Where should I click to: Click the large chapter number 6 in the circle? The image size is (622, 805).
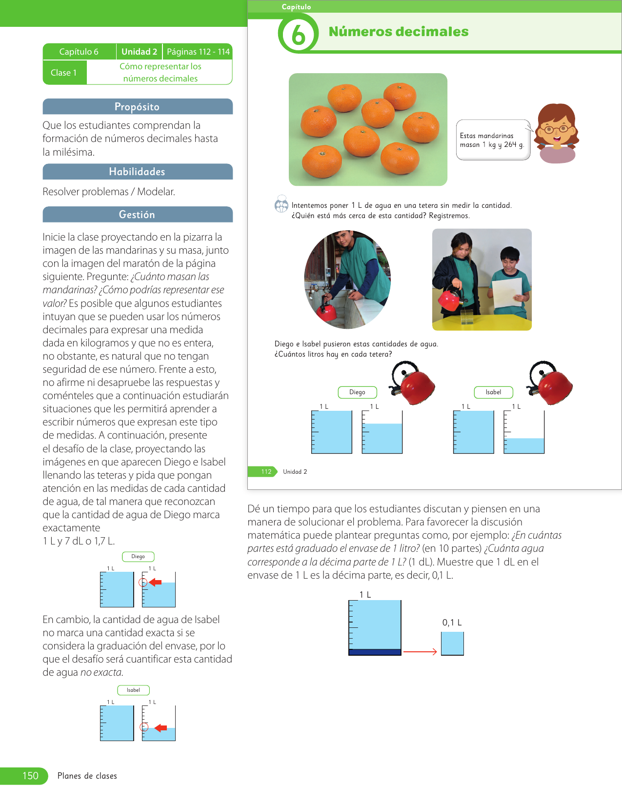tap(298, 35)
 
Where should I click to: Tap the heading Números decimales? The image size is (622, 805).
tap(398, 32)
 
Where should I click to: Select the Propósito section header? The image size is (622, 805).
tap(137, 107)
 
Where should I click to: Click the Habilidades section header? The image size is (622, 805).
tap(137, 172)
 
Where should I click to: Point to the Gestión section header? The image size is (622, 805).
tap(137, 215)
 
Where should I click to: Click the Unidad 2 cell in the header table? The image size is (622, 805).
tap(139, 52)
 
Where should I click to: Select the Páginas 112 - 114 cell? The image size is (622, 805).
tap(198, 52)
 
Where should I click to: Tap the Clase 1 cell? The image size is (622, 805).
tap(64, 73)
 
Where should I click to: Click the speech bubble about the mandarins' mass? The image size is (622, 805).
tap(492, 140)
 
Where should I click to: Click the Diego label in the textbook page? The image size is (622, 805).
tap(357, 392)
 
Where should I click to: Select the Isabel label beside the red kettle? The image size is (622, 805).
tap(493, 392)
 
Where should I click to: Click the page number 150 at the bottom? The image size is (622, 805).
tap(30, 776)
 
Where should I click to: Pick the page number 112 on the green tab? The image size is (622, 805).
tap(266, 472)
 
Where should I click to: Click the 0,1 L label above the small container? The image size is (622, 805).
tap(452, 623)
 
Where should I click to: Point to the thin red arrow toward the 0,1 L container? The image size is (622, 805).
tap(420, 652)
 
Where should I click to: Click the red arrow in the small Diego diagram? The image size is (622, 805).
tap(155, 582)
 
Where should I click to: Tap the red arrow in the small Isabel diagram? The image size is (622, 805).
tap(161, 728)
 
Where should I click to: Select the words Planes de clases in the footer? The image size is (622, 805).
tap(87, 776)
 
